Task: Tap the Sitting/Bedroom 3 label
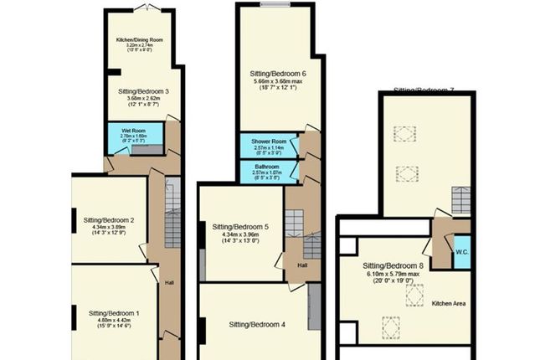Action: pyautogui.click(x=144, y=90)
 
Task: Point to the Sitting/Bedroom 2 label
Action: pyautogui.click(x=115, y=220)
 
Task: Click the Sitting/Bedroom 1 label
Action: pyautogui.click(x=115, y=313)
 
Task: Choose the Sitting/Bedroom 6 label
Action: pyautogui.click(x=278, y=74)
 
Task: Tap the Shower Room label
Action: pyautogui.click(x=270, y=141)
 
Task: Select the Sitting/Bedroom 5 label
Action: pyautogui.click(x=240, y=227)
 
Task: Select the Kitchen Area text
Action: pyautogui.click(x=449, y=303)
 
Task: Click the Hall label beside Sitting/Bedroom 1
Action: pyautogui.click(x=168, y=282)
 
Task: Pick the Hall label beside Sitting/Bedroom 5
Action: pyautogui.click(x=301, y=265)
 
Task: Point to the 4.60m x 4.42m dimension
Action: pyautogui.click(x=115, y=321)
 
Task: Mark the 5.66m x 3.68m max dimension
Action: pyautogui.click(x=278, y=82)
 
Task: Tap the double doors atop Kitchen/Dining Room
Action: pyautogui.click(x=147, y=7)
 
